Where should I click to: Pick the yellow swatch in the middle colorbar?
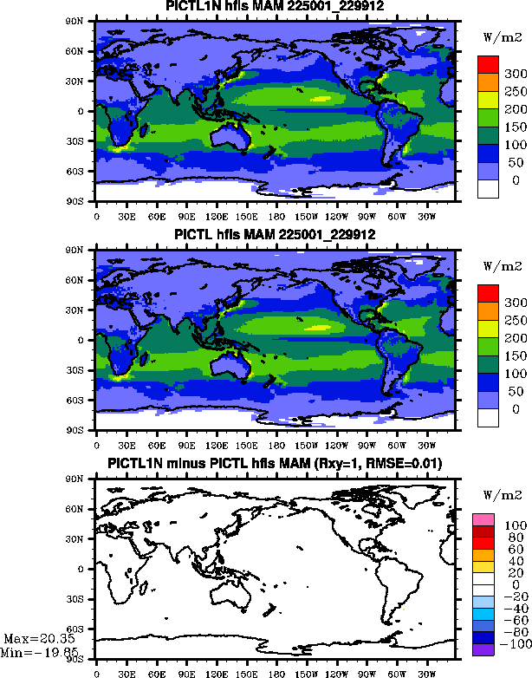pyautogui.click(x=487, y=329)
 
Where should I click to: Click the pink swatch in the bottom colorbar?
pyautogui.click(x=483, y=518)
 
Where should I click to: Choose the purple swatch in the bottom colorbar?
pyautogui.click(x=483, y=649)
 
